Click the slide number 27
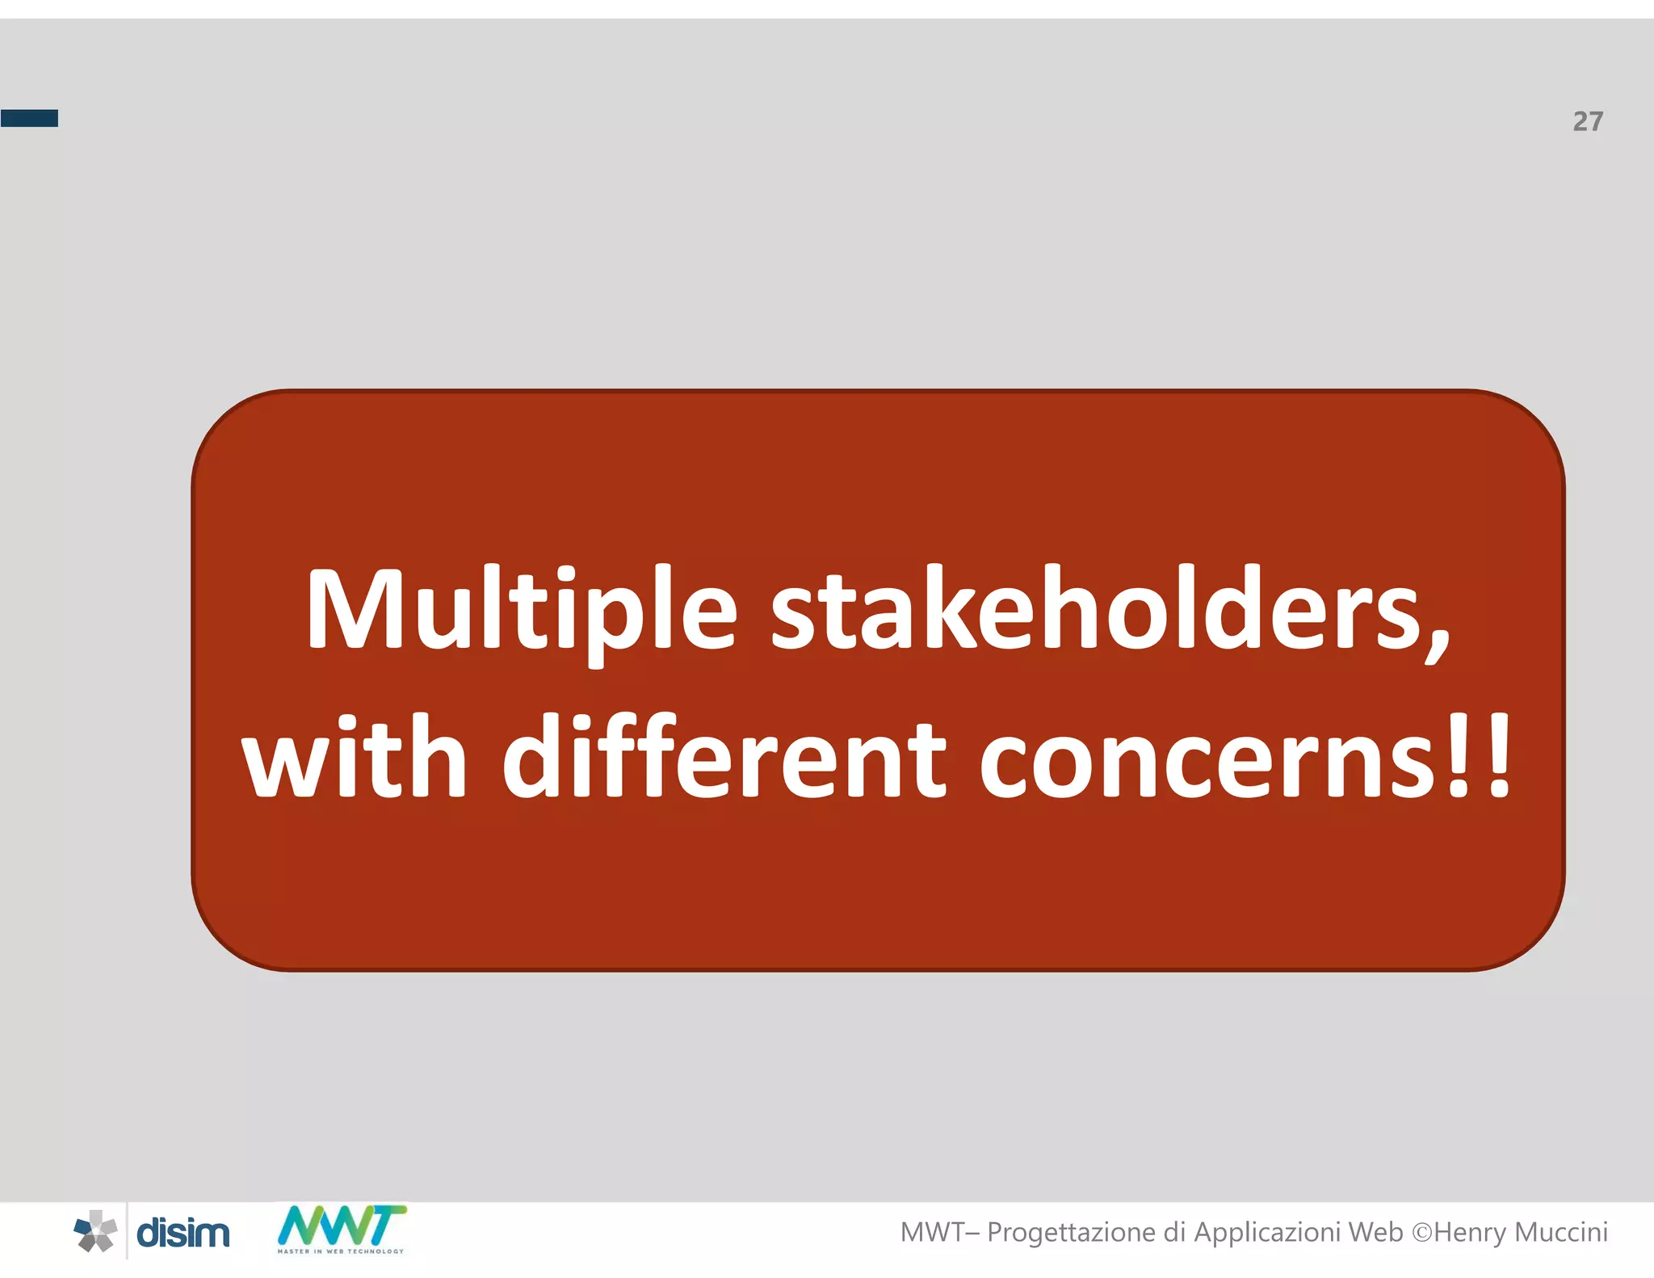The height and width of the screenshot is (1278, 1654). [1588, 121]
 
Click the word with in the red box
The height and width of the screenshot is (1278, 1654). [355, 758]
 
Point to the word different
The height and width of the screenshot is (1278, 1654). [724, 758]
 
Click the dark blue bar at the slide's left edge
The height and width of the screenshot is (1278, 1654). [29, 119]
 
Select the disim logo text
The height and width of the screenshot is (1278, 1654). [183, 1234]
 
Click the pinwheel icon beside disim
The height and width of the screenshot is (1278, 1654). [95, 1232]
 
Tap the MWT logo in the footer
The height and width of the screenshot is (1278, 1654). [342, 1225]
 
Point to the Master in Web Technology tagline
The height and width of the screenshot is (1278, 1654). [341, 1251]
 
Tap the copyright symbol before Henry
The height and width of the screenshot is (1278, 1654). [1421, 1233]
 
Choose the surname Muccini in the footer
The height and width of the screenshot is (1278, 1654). [1562, 1232]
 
